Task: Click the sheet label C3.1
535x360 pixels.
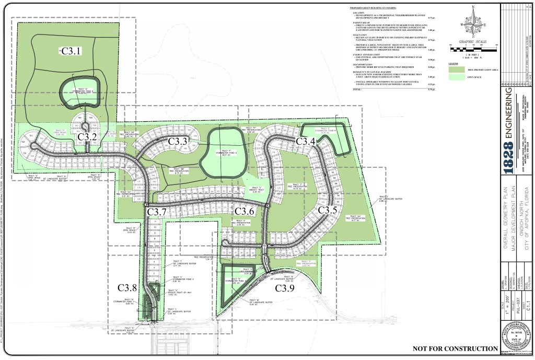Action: (72, 51)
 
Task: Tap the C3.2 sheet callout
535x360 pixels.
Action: (87, 137)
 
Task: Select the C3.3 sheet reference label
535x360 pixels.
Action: (178, 142)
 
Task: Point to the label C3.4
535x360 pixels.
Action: (306, 142)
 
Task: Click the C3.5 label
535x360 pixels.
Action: (327, 210)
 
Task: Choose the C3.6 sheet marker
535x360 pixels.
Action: (244, 211)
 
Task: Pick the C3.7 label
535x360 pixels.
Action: (156, 211)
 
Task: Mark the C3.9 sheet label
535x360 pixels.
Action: (285, 288)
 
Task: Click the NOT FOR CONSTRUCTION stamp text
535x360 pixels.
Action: (455, 349)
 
